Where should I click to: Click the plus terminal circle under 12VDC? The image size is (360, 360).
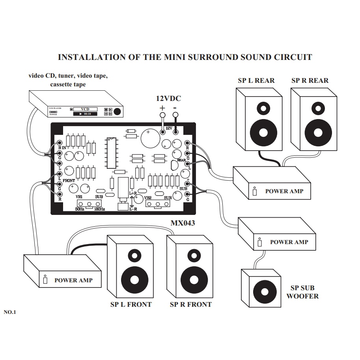pyautogui.click(x=162, y=116)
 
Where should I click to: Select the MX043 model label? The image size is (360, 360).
pyautogui.click(x=183, y=223)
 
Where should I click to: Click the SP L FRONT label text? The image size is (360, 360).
pyautogui.click(x=131, y=304)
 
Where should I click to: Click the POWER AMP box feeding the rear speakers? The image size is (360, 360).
pyautogui.click(x=272, y=183)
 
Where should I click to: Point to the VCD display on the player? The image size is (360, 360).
pyautogui.click(x=85, y=109)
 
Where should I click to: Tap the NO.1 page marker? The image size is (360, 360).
pyautogui.click(x=9, y=312)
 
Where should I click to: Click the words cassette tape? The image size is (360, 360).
pyautogui.click(x=68, y=84)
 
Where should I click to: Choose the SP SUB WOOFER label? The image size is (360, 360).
pyautogui.click(x=302, y=292)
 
